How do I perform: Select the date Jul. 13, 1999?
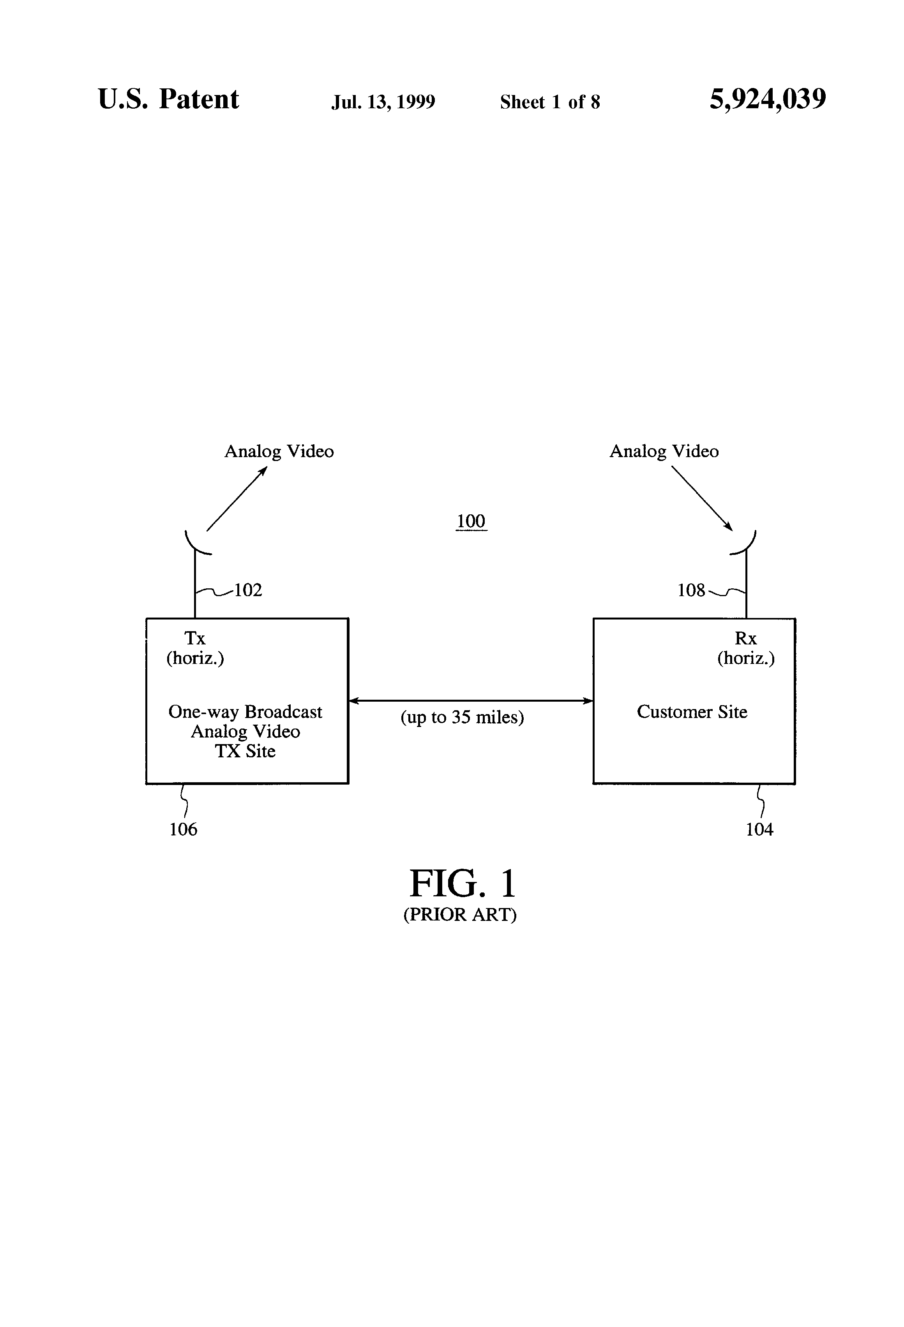coord(383,102)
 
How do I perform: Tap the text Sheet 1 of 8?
coord(550,102)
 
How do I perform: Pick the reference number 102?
coord(248,590)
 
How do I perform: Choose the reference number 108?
coord(691,590)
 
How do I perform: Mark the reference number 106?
coord(183,829)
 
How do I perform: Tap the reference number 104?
coord(759,829)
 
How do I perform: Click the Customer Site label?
coord(692,712)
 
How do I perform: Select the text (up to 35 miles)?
coord(462,717)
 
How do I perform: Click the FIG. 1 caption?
coord(462,884)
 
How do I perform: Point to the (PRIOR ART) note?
coord(460,915)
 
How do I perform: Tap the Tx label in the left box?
coord(194,638)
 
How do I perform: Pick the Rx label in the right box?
coord(745,638)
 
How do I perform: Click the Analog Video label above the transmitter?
coord(279,452)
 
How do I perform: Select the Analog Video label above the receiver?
coord(664,452)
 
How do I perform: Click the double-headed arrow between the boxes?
coord(471,700)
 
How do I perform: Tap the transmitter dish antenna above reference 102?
coord(196,545)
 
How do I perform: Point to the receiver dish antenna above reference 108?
coord(745,545)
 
